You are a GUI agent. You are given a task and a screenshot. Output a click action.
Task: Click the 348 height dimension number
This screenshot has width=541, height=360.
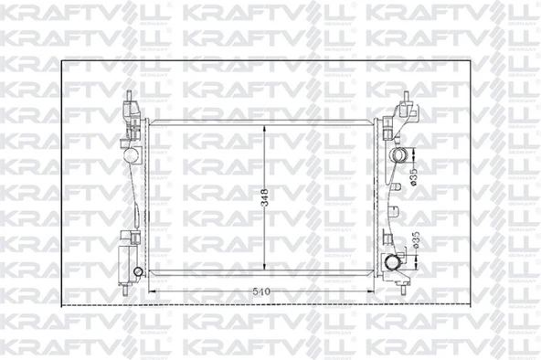click(x=263, y=195)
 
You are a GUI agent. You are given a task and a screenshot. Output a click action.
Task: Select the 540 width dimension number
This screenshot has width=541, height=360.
click(x=263, y=291)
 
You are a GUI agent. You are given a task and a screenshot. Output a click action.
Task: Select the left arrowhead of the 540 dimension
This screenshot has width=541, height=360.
click(x=150, y=291)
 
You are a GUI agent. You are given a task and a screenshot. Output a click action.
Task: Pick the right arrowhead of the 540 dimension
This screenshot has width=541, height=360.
click(x=376, y=291)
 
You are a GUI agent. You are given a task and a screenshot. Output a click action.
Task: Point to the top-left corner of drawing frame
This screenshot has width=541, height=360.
click(x=61, y=61)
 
